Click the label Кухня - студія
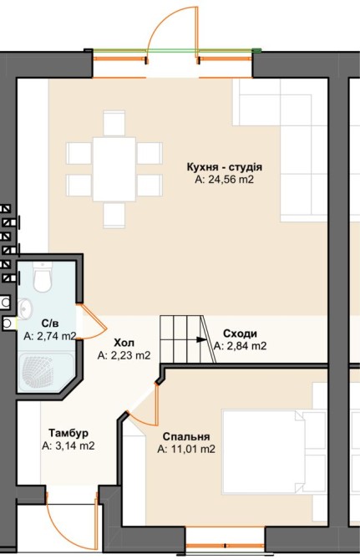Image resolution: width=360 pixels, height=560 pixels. [x=225, y=167]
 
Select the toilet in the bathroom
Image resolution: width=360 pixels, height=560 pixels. [x=43, y=277]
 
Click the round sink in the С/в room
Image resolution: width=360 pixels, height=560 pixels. [x=25, y=308]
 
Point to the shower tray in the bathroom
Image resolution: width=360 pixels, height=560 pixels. [x=46, y=371]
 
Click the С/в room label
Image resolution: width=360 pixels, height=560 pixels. [x=50, y=323]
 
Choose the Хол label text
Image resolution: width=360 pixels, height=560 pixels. [x=124, y=343]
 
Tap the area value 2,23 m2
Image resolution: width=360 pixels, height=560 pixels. [x=124, y=355]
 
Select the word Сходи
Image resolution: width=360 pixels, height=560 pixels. [x=240, y=333]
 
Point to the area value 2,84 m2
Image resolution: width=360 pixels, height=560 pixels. [x=240, y=346]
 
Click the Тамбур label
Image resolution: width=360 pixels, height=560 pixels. [x=68, y=433]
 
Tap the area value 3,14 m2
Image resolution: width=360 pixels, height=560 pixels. [x=68, y=445]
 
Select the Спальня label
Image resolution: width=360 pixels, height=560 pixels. [x=186, y=436]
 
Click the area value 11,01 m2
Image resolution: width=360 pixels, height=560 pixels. [x=186, y=449]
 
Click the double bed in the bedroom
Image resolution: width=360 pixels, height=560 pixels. [x=274, y=452]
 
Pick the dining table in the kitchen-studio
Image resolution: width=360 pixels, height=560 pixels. [x=114, y=169]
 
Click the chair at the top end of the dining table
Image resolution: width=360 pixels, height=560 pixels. [x=114, y=123]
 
